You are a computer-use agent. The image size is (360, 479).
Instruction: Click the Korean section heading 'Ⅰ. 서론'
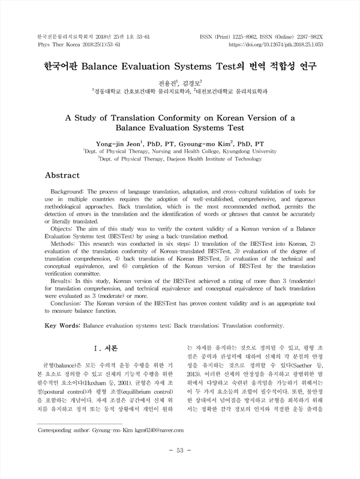tap(105, 348)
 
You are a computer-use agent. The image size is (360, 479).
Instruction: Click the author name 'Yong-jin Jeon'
tap(118, 144)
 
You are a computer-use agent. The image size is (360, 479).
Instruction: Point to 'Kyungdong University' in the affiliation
tap(246, 152)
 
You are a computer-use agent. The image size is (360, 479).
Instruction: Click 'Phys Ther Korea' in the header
tap(53, 44)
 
